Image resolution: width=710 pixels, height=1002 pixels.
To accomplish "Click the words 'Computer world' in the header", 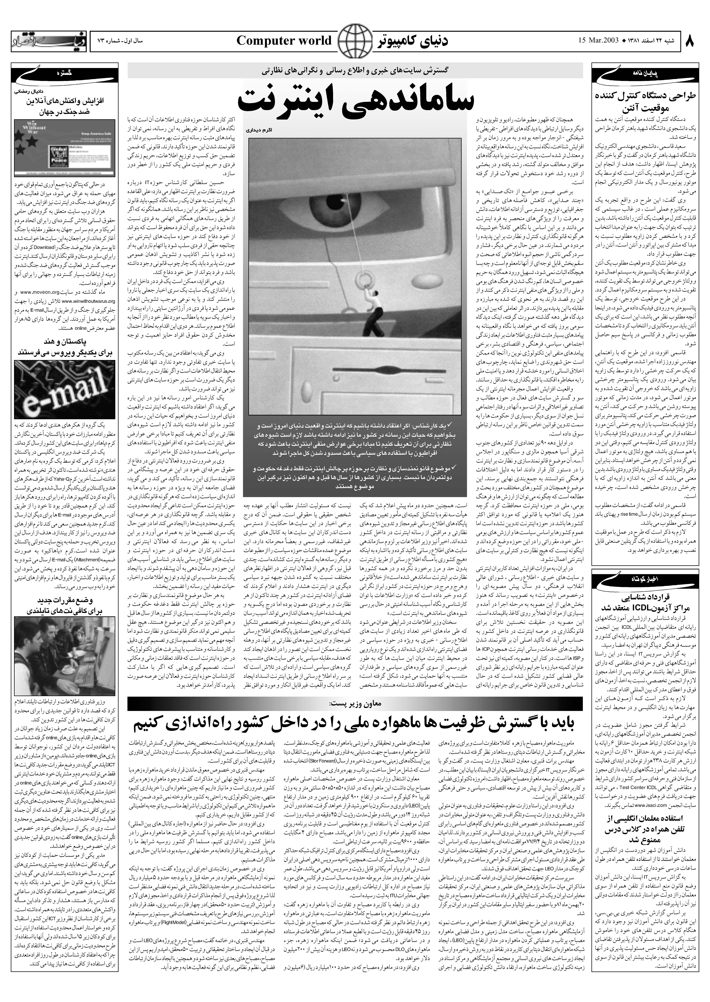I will point(284,41).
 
